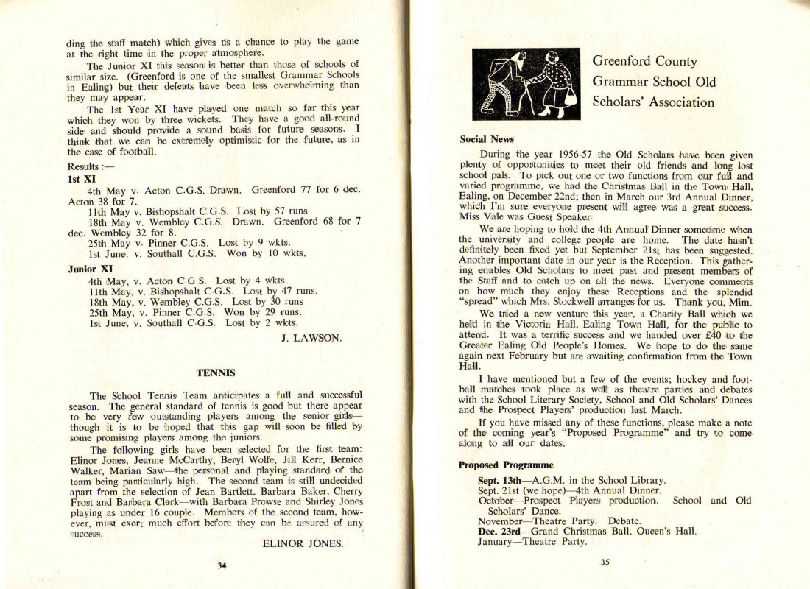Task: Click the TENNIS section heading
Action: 216,373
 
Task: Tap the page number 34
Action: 221,565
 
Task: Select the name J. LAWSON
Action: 311,338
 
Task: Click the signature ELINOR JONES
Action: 303,544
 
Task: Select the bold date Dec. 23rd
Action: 501,530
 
